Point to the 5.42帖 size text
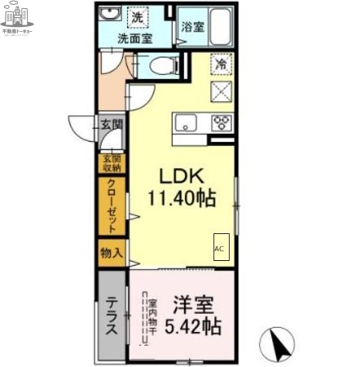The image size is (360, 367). tap(194, 326)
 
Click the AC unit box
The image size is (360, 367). tap(221, 248)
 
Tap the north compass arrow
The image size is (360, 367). tap(279, 344)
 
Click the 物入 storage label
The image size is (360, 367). tap(111, 253)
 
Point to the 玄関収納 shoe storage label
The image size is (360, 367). tap(111, 163)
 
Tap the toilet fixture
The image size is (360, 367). tap(155, 64)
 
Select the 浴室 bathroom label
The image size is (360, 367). tap(193, 26)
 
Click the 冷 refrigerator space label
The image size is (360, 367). tap(221, 64)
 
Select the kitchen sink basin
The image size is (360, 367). tap(184, 124)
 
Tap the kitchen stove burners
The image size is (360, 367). tap(220, 124)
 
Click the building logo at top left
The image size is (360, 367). tap(17, 19)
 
